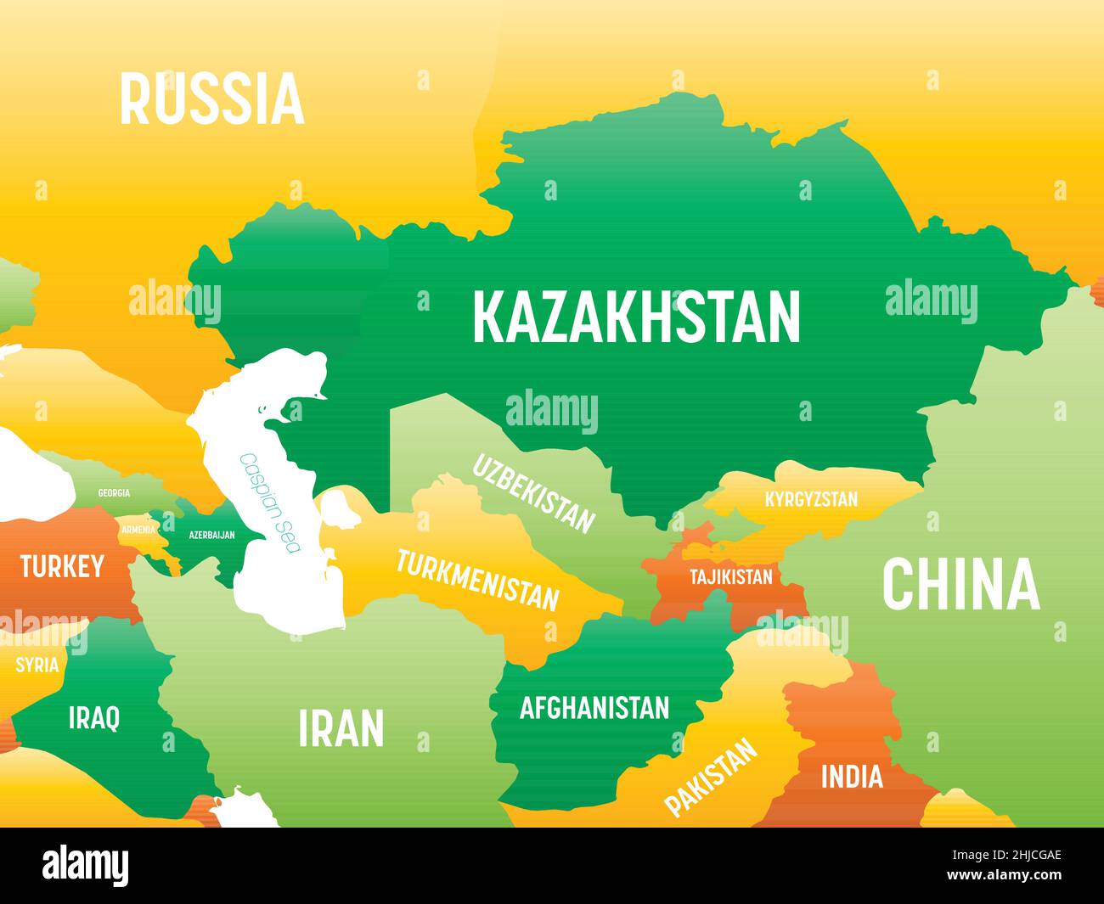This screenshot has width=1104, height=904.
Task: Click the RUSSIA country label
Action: [211, 99]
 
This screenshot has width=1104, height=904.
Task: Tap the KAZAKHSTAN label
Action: [636, 317]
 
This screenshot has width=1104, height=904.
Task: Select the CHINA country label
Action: [960, 584]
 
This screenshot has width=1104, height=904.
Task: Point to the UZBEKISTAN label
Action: [533, 493]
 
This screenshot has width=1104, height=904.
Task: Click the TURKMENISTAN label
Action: [478, 581]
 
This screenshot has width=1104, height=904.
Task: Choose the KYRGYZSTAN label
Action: [811, 499]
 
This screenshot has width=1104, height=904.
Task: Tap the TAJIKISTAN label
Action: [730, 577]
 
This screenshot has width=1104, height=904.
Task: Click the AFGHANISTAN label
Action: [594, 707]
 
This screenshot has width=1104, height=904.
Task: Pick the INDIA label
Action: [851, 776]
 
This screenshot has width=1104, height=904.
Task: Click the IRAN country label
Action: [341, 728]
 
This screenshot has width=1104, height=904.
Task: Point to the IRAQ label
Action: [93, 718]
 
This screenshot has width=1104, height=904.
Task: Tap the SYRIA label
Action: [37, 664]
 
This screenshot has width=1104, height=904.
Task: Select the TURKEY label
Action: [62, 566]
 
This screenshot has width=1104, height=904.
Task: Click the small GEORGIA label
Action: [114, 493]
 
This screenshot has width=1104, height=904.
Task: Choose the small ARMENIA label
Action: [138, 530]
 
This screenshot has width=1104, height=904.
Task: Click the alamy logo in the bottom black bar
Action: [86, 866]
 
